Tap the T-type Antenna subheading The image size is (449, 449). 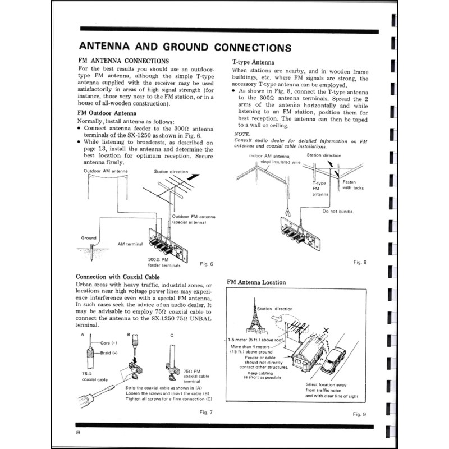[253, 62]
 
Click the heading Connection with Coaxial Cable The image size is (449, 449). [118, 277]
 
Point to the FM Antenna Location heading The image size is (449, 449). [256, 282]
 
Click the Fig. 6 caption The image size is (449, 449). [207, 264]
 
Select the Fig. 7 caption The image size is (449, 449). [206, 413]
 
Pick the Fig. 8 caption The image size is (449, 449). [359, 262]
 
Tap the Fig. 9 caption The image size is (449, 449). [359, 414]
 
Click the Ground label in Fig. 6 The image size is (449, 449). [89, 237]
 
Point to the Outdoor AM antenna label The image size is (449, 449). [106, 171]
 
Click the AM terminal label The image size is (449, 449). [130, 245]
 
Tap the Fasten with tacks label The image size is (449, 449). [352, 185]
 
